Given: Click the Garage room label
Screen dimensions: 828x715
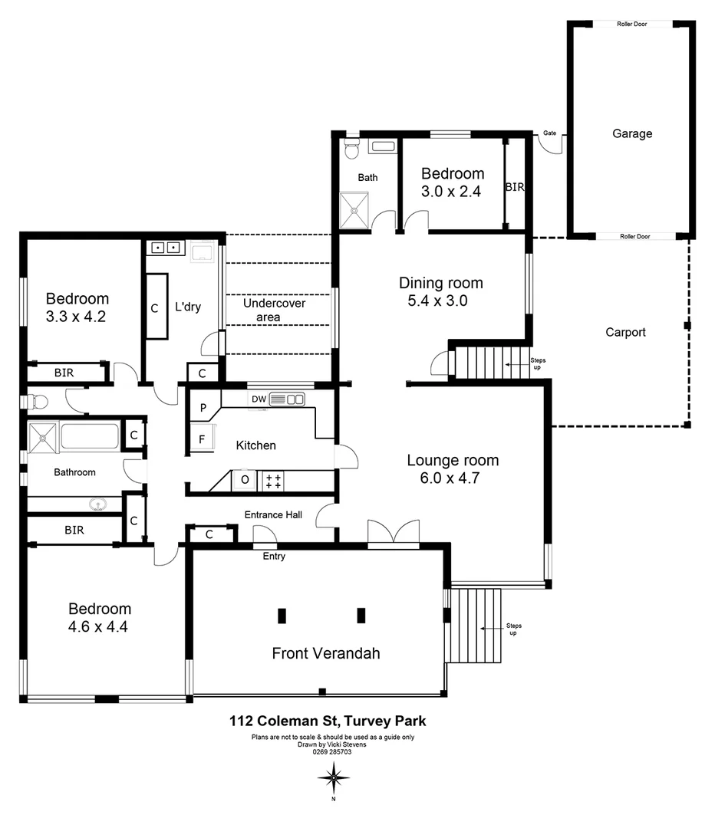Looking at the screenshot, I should coord(632,133).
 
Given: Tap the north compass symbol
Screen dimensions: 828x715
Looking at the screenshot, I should coord(334,778).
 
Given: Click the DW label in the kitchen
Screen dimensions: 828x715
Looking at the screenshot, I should coord(259,399).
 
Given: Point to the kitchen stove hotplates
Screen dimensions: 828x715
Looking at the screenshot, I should coord(272,481).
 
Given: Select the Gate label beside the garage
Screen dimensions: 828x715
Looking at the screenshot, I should coord(549,133).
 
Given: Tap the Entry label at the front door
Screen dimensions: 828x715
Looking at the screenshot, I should coord(274,556).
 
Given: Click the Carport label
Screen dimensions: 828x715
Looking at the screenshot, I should coord(625,332).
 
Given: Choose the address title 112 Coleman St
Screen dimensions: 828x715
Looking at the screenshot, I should coord(328,721).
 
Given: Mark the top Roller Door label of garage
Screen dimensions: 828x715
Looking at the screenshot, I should coord(632,24).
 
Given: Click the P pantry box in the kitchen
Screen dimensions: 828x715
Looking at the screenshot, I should coord(204,408).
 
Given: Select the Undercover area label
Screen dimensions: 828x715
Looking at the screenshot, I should coord(274,310).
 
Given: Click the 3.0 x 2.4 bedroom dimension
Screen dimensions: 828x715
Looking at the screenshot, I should coord(451,192).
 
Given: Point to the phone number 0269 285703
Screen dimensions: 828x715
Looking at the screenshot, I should coord(332,752).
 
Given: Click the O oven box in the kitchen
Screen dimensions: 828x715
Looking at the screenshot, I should coord(245,480).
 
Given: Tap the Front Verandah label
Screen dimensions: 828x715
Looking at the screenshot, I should coord(326,653).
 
